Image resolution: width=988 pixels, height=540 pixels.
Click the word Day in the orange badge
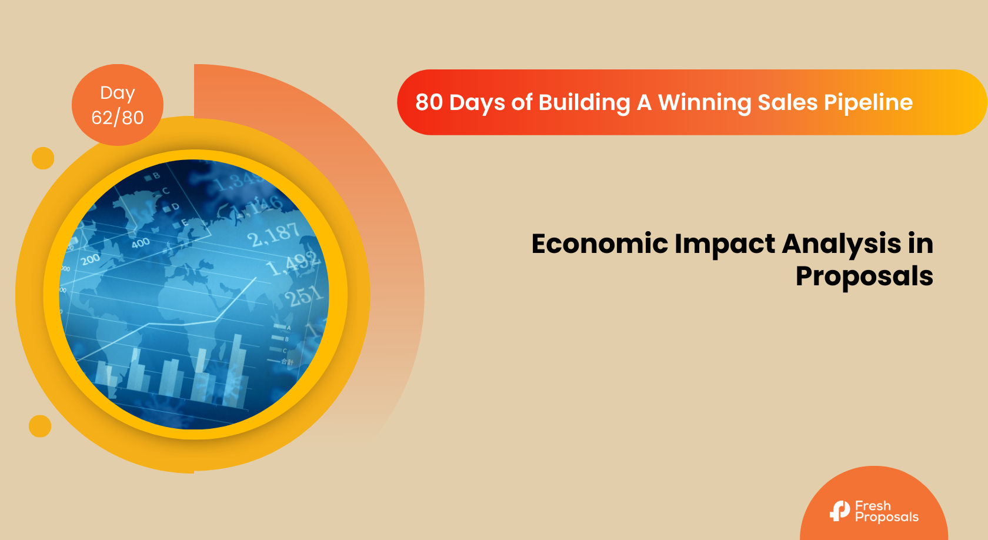(118, 93)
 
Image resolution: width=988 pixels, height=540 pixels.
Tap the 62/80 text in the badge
(118, 118)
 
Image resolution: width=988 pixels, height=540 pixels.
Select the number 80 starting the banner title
(429, 102)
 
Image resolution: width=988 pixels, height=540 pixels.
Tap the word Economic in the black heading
(595, 244)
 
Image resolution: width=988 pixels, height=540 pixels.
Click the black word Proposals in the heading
(864, 276)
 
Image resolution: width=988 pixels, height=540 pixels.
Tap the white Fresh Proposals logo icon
(840, 511)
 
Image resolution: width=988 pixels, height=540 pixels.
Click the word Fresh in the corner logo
(873, 506)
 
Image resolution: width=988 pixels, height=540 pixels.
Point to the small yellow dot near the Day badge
(43, 158)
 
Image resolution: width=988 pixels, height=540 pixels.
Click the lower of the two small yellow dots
(40, 426)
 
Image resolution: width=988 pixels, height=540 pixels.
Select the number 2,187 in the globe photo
(273, 235)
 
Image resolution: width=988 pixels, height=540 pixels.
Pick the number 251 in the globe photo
(303, 295)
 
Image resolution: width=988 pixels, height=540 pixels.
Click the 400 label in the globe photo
(141, 243)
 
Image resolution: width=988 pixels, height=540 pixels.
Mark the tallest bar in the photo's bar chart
(238, 371)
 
